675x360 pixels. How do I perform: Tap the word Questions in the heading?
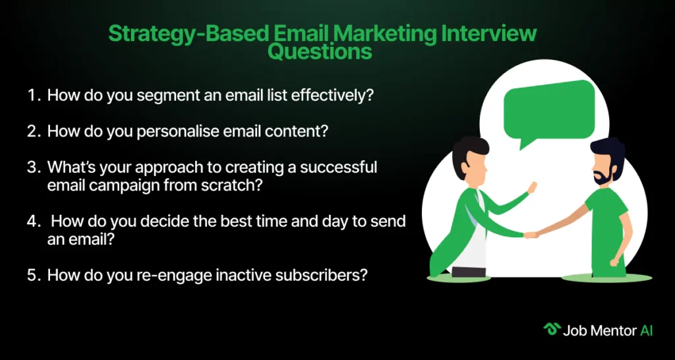click(320, 52)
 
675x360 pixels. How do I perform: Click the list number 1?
click(33, 95)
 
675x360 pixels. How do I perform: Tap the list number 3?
click(33, 167)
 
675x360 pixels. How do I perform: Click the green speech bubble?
click(550, 111)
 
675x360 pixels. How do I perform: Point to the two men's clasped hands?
click(531, 235)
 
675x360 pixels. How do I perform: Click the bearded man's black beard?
click(601, 176)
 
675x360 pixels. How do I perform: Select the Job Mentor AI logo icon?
click(552, 330)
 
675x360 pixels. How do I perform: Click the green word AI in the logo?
click(646, 330)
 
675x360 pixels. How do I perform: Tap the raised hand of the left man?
click(532, 188)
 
